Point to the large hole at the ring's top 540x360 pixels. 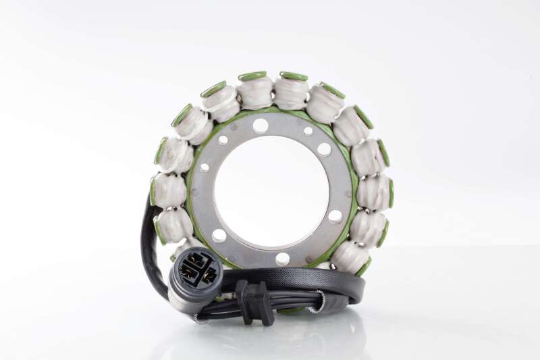pos(261,126)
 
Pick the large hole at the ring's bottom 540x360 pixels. pos(282,258)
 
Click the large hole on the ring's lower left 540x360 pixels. pos(219,235)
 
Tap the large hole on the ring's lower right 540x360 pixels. pos(335,216)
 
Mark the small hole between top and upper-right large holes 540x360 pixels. pos(308,131)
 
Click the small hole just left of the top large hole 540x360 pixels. pos(223,140)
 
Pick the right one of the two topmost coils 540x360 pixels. pos(292,92)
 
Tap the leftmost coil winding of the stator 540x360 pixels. pos(169,190)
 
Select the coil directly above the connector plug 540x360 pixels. pos(175,226)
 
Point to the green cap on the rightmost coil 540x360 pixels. pos(391,193)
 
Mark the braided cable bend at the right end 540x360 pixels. pos(358,287)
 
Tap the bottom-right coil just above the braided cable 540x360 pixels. pos(350,257)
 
